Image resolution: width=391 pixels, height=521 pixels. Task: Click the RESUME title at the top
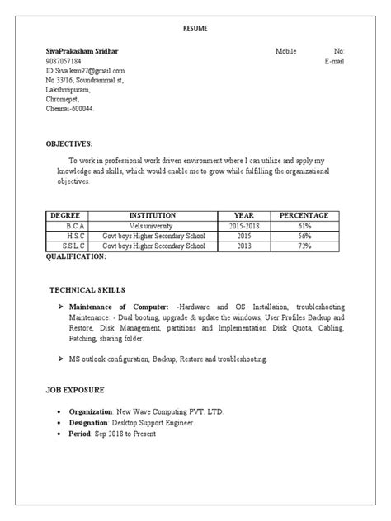tap(195, 29)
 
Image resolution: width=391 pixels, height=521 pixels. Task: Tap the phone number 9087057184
tap(64, 61)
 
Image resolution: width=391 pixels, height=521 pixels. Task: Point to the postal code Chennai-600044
tap(70, 109)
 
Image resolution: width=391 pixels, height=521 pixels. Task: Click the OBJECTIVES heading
tap(68, 143)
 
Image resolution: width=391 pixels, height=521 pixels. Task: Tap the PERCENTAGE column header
tap(304, 214)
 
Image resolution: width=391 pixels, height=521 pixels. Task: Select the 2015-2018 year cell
tap(243, 225)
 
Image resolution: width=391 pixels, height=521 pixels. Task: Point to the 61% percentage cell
tap(304, 225)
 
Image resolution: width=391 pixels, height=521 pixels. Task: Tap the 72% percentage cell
tap(304, 246)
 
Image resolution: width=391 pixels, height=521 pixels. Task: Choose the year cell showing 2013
tap(243, 246)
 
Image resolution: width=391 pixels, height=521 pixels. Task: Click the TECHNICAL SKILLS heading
tap(87, 290)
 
